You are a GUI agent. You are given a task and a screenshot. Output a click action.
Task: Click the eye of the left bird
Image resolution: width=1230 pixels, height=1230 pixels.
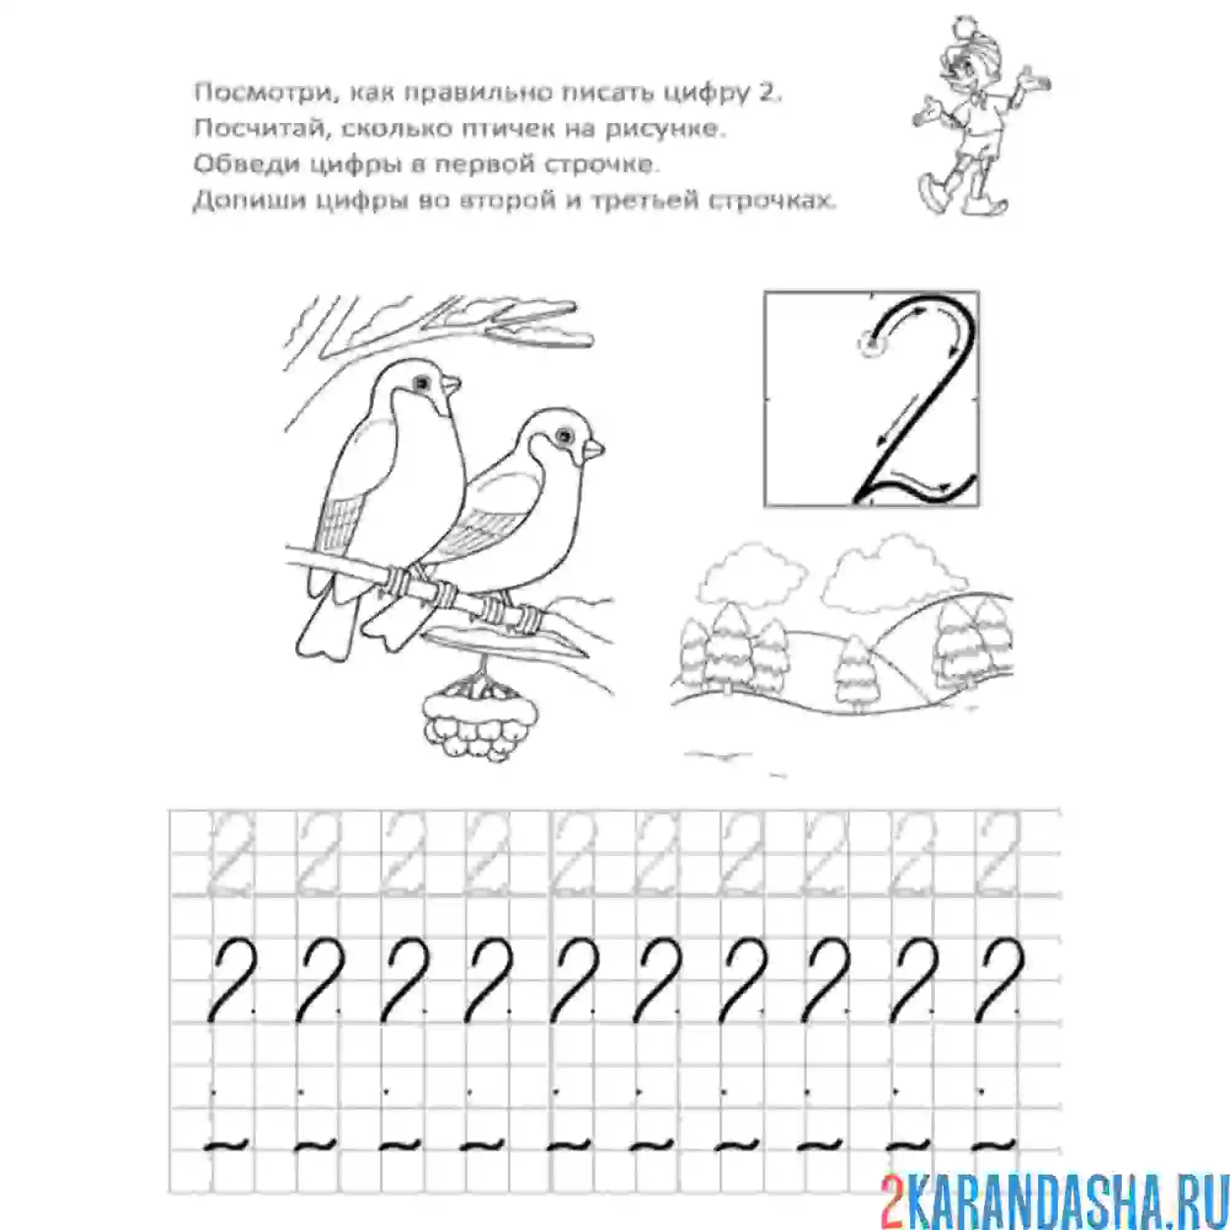click(x=421, y=382)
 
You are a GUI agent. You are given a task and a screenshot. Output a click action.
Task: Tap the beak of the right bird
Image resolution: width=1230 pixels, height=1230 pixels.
click(x=595, y=449)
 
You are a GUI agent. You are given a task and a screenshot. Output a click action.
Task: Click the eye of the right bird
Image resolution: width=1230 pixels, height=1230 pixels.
click(x=563, y=435)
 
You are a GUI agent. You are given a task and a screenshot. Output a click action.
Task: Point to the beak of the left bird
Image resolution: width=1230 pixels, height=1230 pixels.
click(x=452, y=384)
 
